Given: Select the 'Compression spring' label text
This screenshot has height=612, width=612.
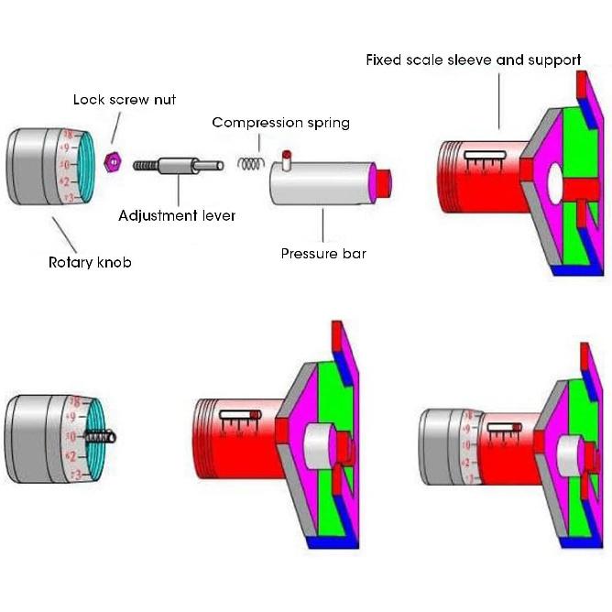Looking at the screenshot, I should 280,122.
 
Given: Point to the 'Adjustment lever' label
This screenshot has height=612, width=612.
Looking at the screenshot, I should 177,216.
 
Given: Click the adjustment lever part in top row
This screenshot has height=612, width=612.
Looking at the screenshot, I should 180,167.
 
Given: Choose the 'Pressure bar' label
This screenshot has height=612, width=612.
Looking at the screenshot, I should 322,253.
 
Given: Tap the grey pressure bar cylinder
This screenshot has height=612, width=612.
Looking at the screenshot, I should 321,181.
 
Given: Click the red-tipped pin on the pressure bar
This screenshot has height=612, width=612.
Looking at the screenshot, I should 286,157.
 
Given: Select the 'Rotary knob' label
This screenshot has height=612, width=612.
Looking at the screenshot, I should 90,262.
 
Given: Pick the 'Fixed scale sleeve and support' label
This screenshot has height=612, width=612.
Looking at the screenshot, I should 473,60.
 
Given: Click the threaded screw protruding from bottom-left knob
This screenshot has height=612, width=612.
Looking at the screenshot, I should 100,437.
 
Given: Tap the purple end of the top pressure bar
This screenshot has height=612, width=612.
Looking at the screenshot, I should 376,180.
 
